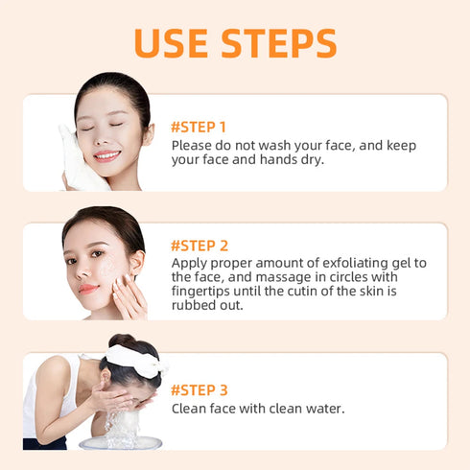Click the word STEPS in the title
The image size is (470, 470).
point(280,43)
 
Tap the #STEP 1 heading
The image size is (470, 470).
point(199,126)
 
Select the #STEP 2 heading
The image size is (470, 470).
point(200,246)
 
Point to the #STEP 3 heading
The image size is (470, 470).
point(200,389)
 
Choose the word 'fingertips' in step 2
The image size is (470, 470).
point(203,291)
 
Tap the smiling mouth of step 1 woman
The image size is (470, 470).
point(106,154)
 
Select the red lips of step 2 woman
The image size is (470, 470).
point(88,287)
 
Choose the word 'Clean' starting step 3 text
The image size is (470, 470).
point(191,409)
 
